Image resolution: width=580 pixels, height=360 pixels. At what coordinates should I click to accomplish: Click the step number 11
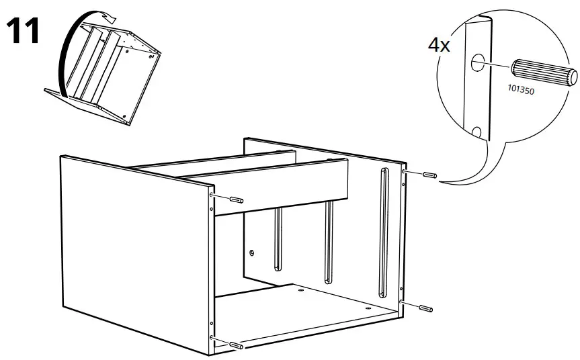[23, 32]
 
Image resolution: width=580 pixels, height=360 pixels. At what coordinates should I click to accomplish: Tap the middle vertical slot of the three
[328, 242]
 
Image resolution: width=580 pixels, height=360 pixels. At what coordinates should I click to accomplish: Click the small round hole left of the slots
[251, 253]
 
